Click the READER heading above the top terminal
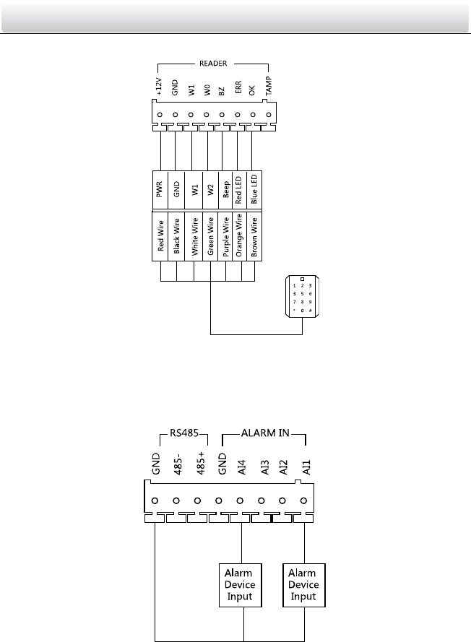point(213,62)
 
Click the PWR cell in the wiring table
point(159,189)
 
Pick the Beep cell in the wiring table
point(225,189)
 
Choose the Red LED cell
point(238,189)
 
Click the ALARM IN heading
point(264,436)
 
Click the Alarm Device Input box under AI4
point(241,584)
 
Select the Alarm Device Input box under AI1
point(303,584)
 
